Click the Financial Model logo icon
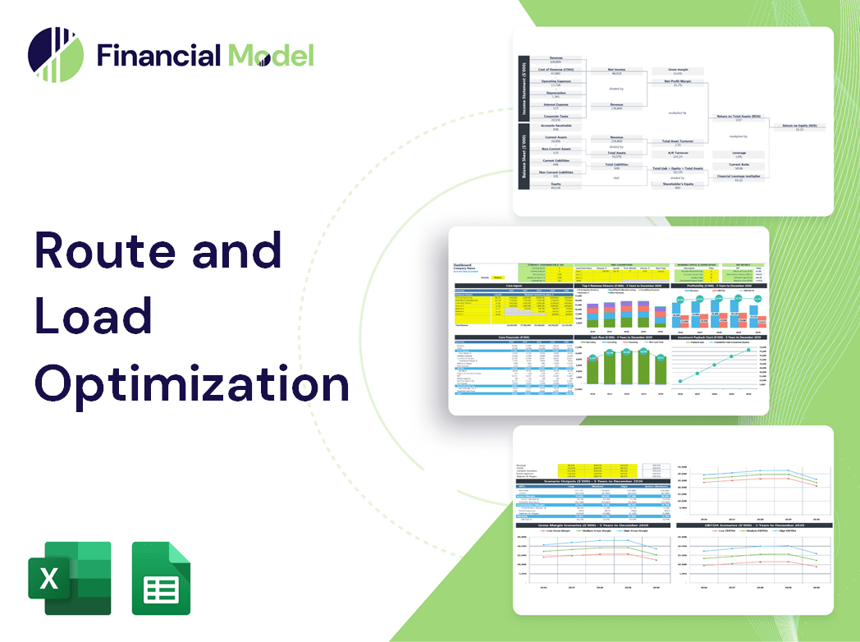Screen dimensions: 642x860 [56, 55]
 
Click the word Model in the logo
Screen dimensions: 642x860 [271, 55]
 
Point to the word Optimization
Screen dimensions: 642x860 [191, 382]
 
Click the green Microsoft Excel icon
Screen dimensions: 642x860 [69, 578]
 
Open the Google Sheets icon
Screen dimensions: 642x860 [162, 578]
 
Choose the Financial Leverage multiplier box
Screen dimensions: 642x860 [739, 177]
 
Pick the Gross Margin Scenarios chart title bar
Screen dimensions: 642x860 [588, 525]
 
